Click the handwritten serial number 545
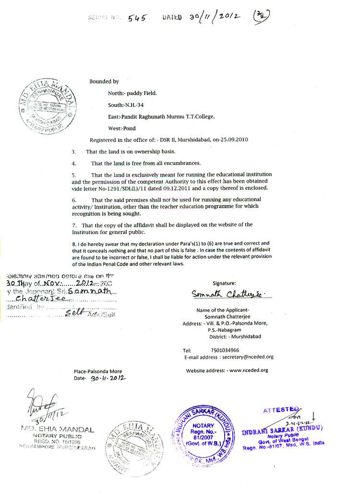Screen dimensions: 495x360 pos(137,18)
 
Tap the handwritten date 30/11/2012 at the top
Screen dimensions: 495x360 pos(214,17)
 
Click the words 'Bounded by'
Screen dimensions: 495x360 pos(104,82)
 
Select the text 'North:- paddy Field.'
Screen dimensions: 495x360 pos(132,93)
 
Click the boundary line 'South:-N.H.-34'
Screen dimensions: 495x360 pos(127,105)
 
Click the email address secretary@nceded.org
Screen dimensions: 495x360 pos(247,357)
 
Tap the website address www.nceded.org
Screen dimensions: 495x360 pos(249,370)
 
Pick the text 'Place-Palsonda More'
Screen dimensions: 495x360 pos(98,371)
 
